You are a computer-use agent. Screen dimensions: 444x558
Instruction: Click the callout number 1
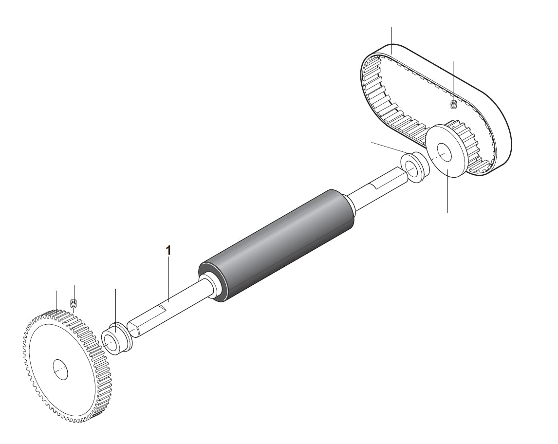click(x=168, y=250)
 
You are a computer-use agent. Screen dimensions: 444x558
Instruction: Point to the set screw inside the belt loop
click(x=453, y=104)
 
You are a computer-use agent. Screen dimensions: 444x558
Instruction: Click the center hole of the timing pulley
click(x=445, y=151)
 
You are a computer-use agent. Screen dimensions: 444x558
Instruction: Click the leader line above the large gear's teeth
click(x=56, y=300)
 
